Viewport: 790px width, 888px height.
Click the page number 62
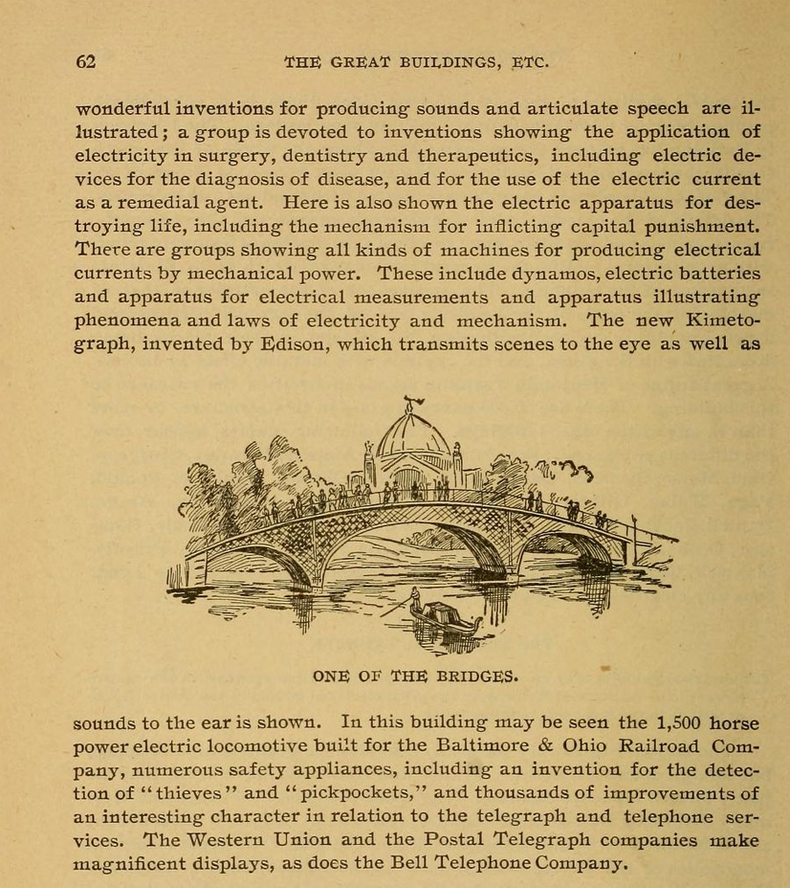(x=85, y=61)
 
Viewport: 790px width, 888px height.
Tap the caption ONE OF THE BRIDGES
(x=415, y=676)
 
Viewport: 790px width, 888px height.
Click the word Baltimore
(x=480, y=747)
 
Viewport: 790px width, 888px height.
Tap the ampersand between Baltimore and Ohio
(x=544, y=747)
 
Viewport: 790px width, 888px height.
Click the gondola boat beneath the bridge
(x=447, y=619)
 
